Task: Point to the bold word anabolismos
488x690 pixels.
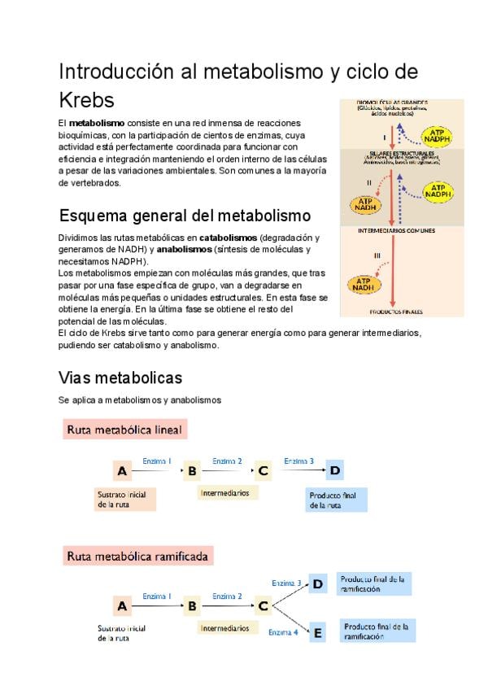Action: pos(184,250)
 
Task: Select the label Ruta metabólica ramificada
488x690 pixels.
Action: pos(137,557)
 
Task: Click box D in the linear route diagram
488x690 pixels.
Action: pos(335,469)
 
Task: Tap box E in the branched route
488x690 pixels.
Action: pos(318,632)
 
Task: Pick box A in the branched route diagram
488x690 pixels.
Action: pos(122,605)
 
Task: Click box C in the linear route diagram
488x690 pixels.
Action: pos(263,470)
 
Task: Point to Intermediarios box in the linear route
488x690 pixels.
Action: pos(227,493)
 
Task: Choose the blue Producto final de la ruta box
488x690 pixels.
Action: pos(337,500)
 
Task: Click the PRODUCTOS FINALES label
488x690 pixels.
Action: pos(396,312)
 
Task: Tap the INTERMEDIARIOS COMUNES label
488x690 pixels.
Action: pos(396,230)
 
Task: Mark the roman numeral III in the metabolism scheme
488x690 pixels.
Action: pos(377,255)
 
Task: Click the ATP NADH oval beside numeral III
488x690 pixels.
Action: pos(364,285)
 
